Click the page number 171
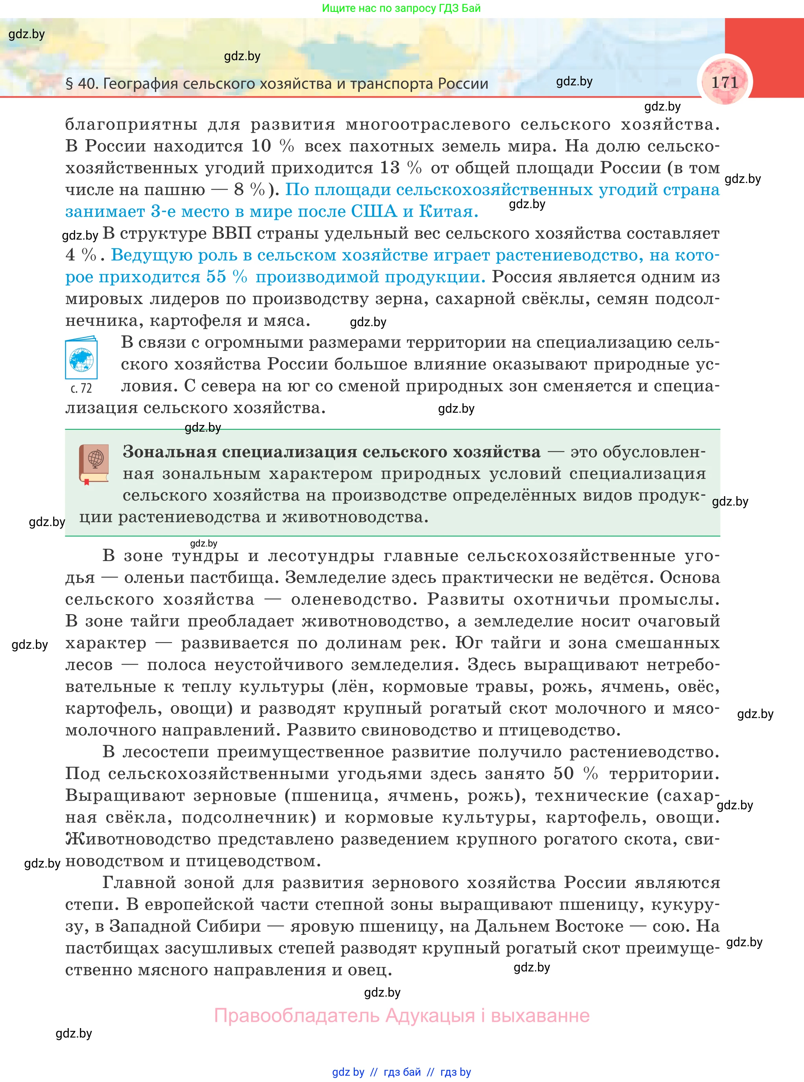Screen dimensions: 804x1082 tap(725, 82)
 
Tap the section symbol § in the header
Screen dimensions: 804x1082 tap(69, 84)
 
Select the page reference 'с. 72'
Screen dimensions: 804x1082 tap(81, 388)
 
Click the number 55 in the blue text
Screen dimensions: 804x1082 tap(216, 277)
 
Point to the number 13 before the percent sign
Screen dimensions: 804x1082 tap(389, 168)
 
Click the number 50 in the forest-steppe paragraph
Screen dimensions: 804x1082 tap(564, 774)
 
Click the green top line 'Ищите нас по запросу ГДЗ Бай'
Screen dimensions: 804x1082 tap(401, 8)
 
